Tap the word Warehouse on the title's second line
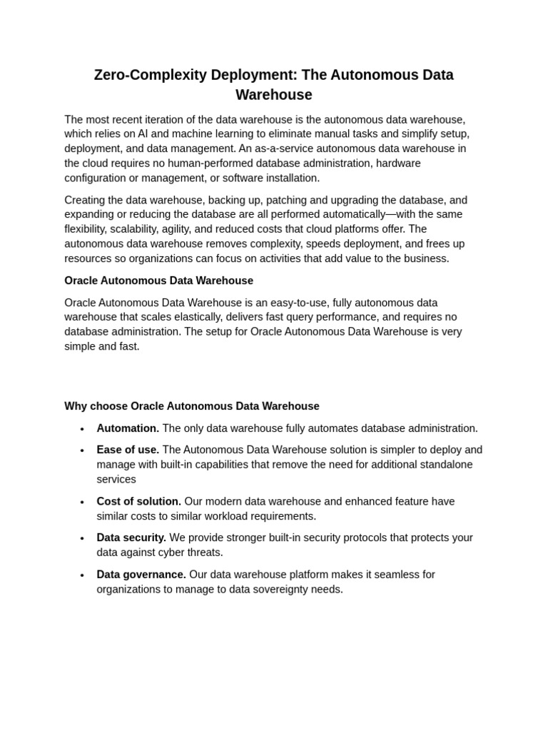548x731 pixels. [x=274, y=95]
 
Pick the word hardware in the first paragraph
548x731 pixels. [x=400, y=163]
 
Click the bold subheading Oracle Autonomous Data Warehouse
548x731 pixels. [x=158, y=281]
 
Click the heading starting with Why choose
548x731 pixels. [x=192, y=406]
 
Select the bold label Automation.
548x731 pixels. [x=128, y=428]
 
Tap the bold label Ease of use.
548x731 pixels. [x=128, y=450]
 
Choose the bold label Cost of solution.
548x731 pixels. [x=139, y=501]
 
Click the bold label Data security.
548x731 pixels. [x=131, y=538]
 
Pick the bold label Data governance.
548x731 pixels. [x=141, y=575]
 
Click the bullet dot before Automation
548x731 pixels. [x=82, y=429]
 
